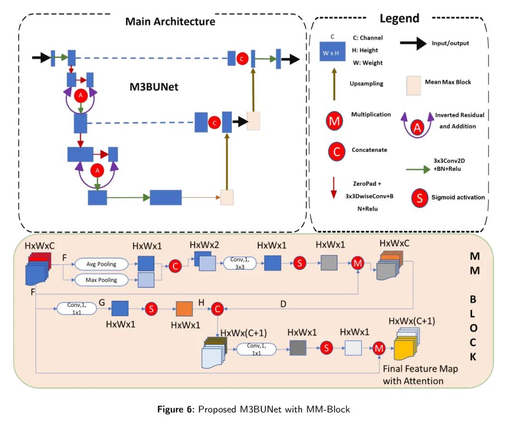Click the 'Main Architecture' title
(170, 22)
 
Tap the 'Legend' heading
(399, 19)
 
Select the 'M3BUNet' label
(154, 87)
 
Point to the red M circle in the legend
(335, 121)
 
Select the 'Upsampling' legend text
(366, 83)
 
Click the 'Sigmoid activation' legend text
(458, 197)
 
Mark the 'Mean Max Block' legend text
(447, 82)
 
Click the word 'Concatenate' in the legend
(369, 150)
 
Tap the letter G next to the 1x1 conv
(102, 302)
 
